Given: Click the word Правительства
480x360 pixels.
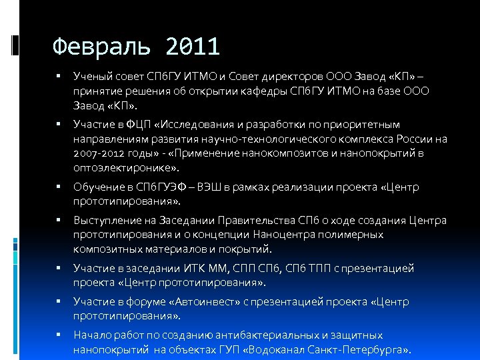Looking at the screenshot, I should point(251,221).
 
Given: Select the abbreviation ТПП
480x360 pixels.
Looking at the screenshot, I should point(314,269).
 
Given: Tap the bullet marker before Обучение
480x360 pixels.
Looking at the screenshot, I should point(59,187).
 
